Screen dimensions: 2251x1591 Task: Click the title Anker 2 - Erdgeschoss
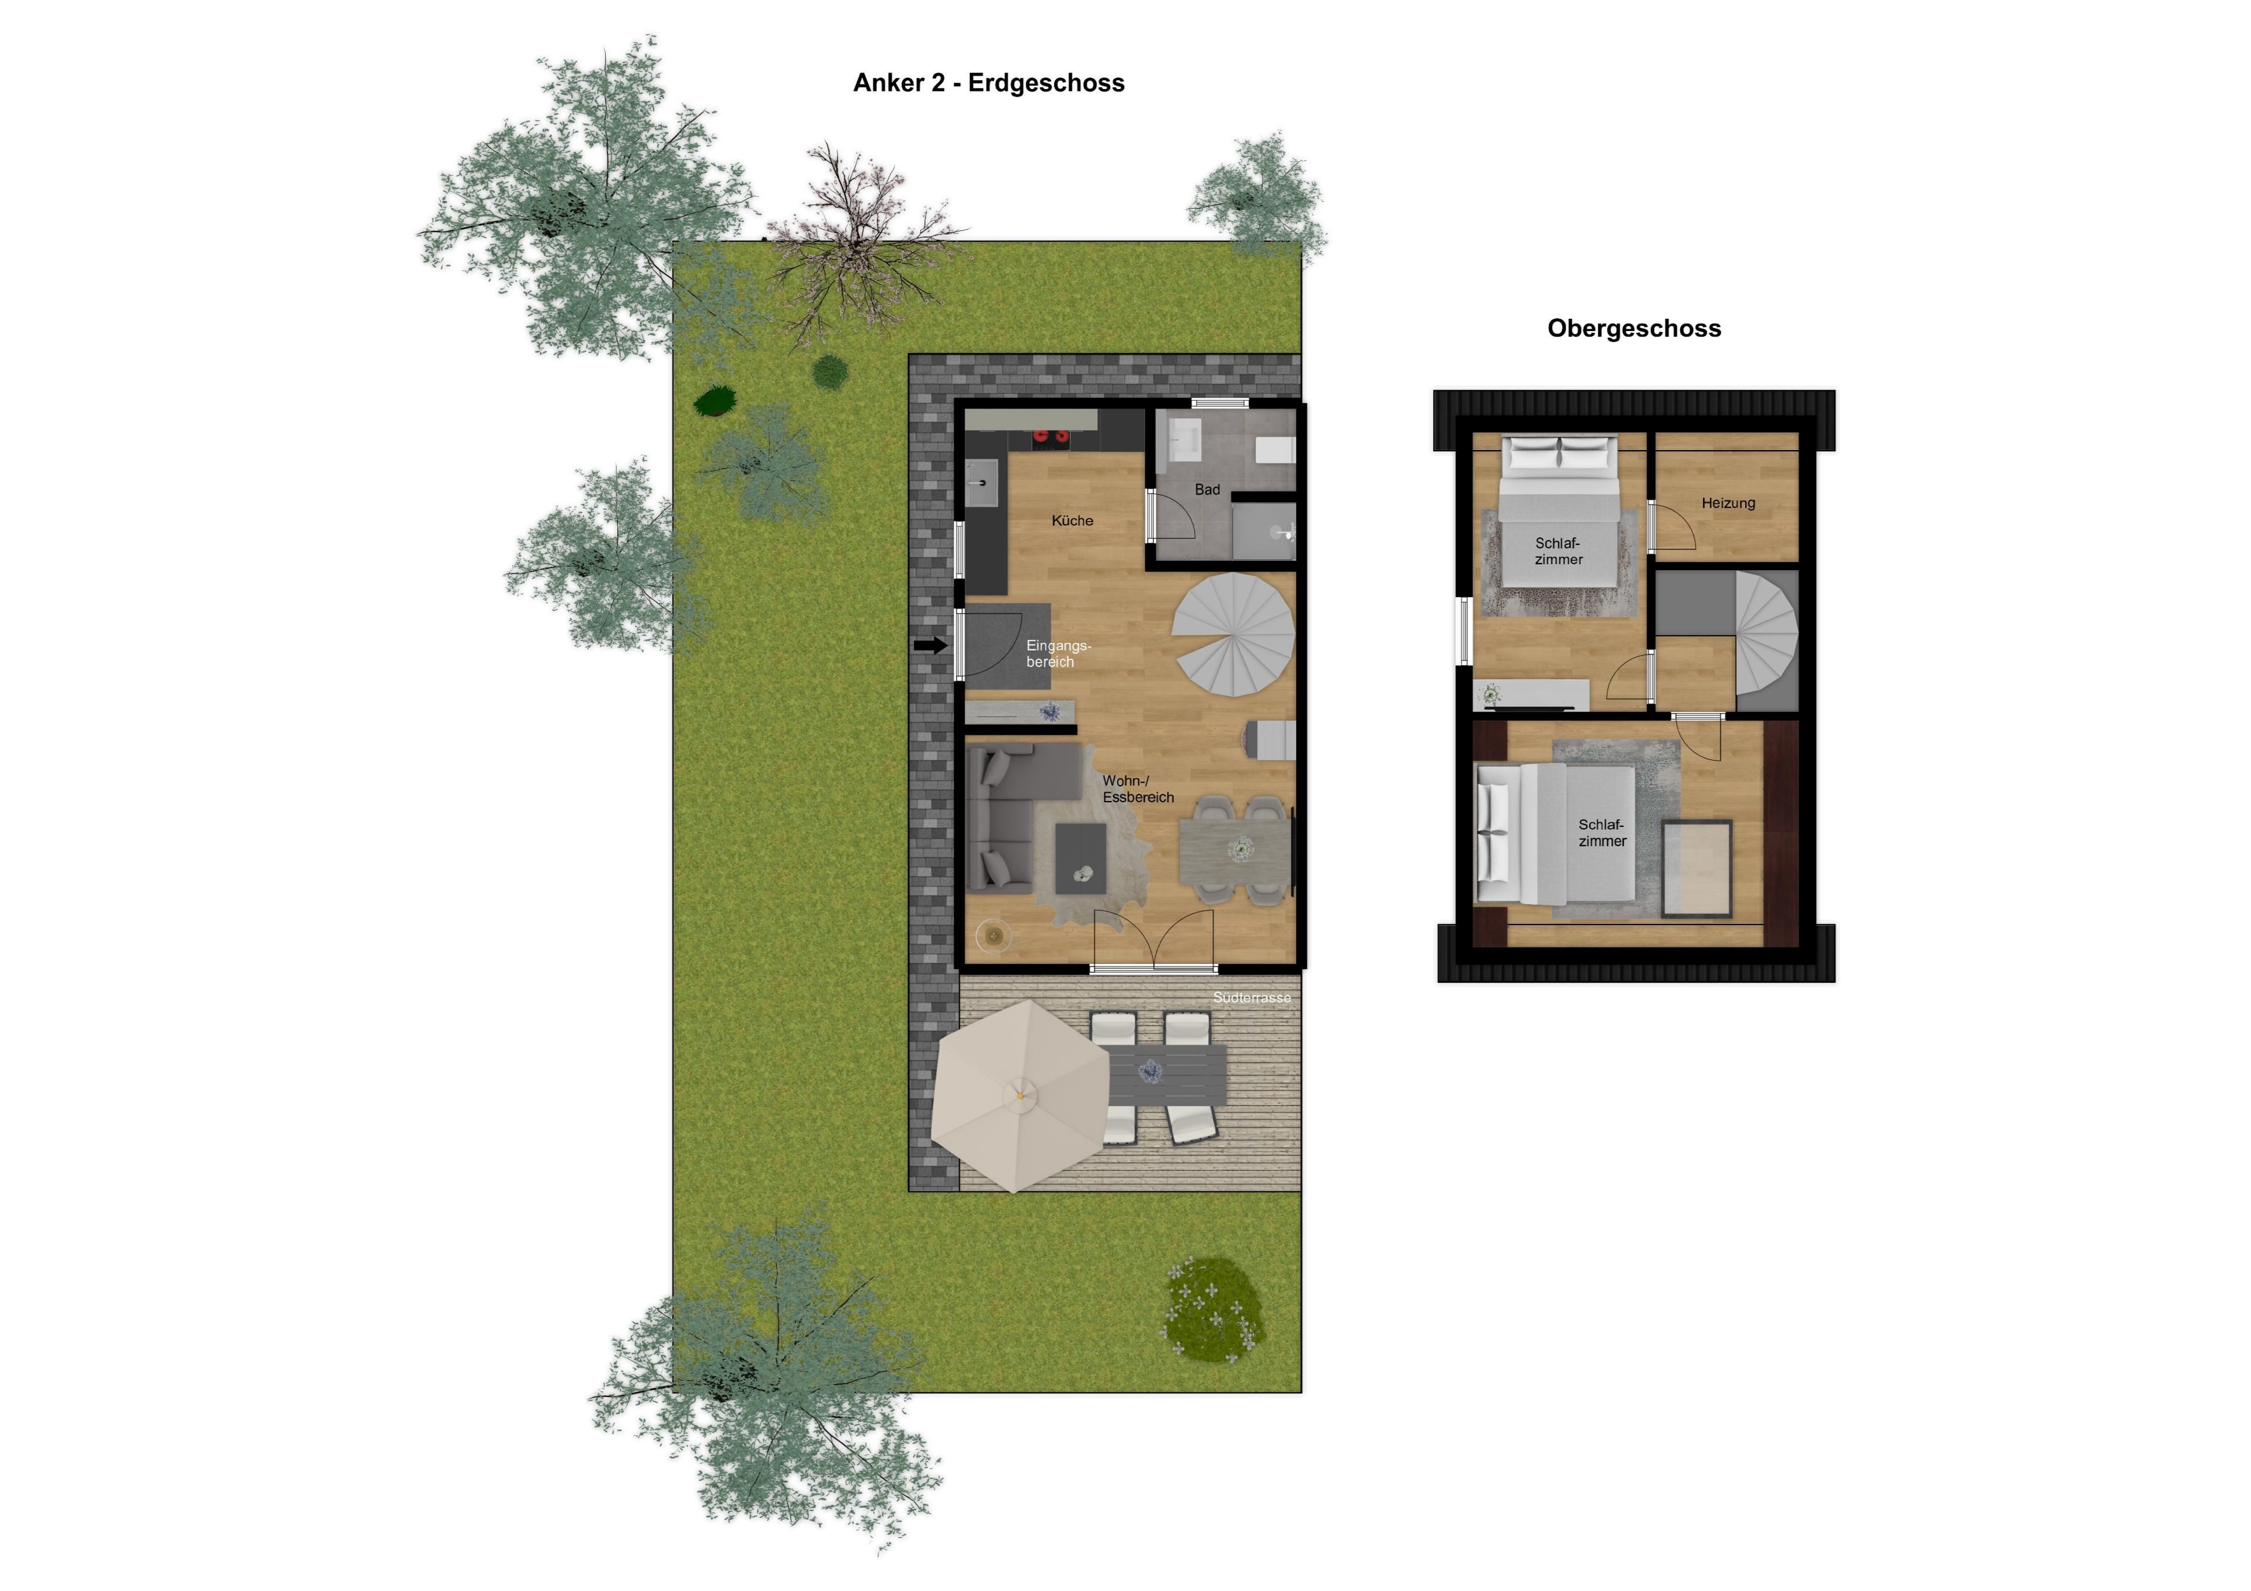[988, 83]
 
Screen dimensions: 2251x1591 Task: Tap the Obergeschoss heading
[1633, 328]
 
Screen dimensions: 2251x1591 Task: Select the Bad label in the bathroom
[1207, 489]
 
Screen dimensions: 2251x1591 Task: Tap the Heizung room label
[1728, 503]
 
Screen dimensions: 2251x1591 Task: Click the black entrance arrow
[930, 645]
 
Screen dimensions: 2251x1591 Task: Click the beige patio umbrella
[1019, 1096]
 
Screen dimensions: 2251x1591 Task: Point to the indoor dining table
[1235, 850]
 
